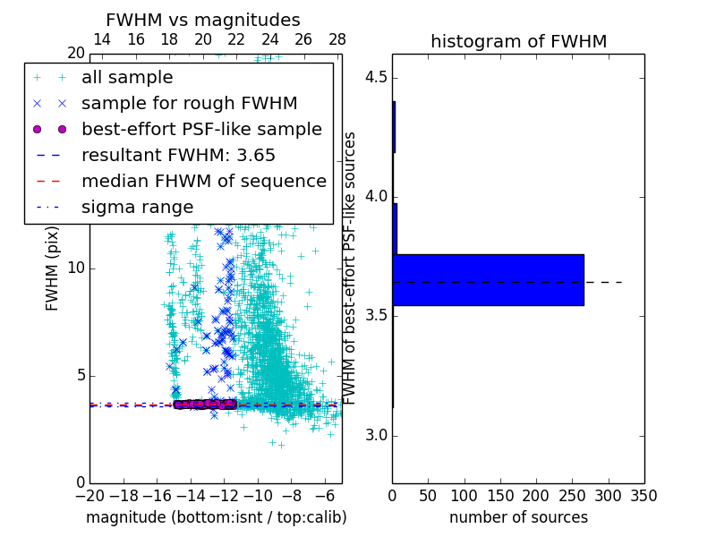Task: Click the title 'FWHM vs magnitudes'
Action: click(x=203, y=20)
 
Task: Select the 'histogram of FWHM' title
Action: click(x=518, y=41)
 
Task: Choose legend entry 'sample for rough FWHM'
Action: click(x=189, y=104)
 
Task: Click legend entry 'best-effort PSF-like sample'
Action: click(x=201, y=129)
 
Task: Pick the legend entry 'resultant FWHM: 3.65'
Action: click(x=178, y=155)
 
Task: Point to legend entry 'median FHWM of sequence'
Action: click(x=203, y=181)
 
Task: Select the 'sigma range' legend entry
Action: click(x=137, y=207)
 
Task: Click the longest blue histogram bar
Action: click(x=488, y=280)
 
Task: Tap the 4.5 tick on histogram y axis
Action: click(x=377, y=77)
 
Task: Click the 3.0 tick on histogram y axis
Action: click(x=377, y=436)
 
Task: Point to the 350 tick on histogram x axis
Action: click(x=644, y=495)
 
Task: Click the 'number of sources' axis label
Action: click(x=518, y=517)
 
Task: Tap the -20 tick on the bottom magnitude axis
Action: click(x=89, y=495)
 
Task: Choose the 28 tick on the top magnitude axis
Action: click(x=337, y=39)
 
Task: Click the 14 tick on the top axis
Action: click(x=102, y=39)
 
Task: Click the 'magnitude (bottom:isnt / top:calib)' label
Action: click(x=216, y=517)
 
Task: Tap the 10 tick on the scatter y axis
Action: click(x=75, y=268)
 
